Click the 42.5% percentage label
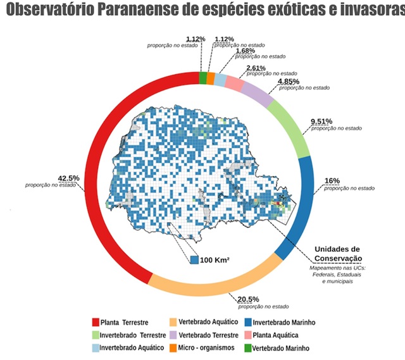pyautogui.click(x=69, y=178)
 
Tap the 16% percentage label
pyautogui.click(x=332, y=181)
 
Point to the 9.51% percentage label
pyautogui.click(x=321, y=121)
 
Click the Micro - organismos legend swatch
pyautogui.click(x=172, y=347)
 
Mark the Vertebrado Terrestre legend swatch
pyautogui.click(x=172, y=335)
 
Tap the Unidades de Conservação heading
pyautogui.click(x=337, y=253)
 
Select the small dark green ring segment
pyautogui.click(x=202, y=78)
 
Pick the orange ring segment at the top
pyautogui.click(x=210, y=78)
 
